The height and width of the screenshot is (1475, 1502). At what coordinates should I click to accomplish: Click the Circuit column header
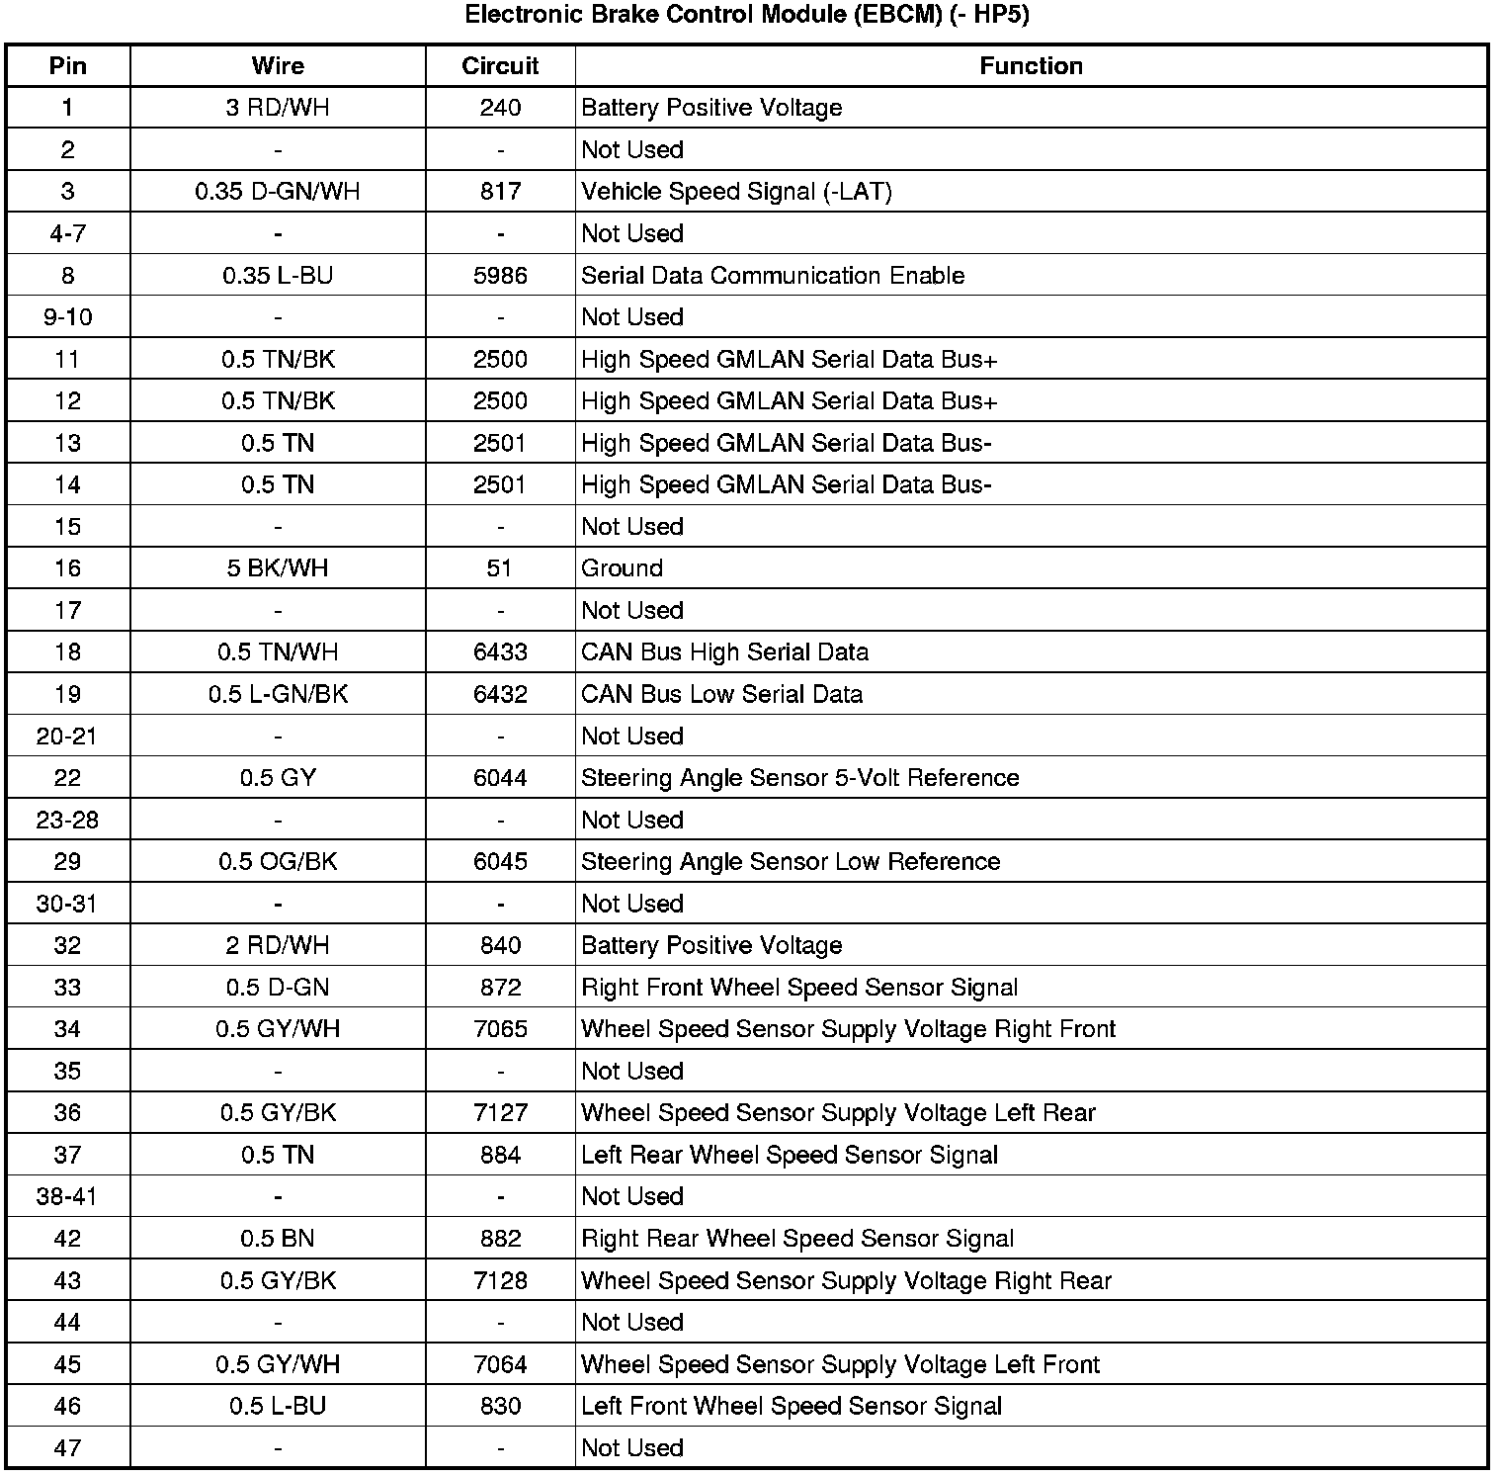point(500,66)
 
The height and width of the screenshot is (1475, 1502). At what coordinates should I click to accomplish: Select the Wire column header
point(278,66)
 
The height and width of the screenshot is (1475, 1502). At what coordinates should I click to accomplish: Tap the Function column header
point(1031,66)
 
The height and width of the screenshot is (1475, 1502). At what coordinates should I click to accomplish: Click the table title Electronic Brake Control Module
point(746,16)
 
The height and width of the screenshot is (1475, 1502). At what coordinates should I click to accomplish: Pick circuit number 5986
point(500,276)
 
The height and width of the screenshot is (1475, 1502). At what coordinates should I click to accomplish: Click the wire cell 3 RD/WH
point(278,108)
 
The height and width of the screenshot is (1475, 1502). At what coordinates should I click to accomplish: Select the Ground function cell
point(622,568)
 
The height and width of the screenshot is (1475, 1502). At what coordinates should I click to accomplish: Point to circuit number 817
point(500,192)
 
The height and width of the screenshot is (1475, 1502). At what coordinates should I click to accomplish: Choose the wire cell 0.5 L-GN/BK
point(278,694)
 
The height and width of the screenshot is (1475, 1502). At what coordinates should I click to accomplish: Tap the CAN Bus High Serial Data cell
point(724,652)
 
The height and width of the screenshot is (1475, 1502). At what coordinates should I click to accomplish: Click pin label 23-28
point(67,820)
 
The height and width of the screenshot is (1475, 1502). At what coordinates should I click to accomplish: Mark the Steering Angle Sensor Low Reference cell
point(791,862)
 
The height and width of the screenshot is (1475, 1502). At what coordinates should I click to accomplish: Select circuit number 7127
point(500,1113)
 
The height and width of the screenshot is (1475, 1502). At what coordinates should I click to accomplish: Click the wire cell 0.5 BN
point(278,1239)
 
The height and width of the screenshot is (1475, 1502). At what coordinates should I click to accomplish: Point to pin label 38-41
point(67,1197)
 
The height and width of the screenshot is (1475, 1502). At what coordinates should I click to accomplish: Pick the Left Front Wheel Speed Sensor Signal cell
point(792,1407)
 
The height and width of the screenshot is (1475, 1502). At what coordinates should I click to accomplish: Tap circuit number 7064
point(500,1365)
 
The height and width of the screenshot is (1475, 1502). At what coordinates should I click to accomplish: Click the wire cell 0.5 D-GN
point(278,988)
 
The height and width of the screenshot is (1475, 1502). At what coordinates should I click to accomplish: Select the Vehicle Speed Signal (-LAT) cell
point(736,192)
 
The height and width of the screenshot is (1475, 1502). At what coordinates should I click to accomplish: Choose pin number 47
point(67,1448)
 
